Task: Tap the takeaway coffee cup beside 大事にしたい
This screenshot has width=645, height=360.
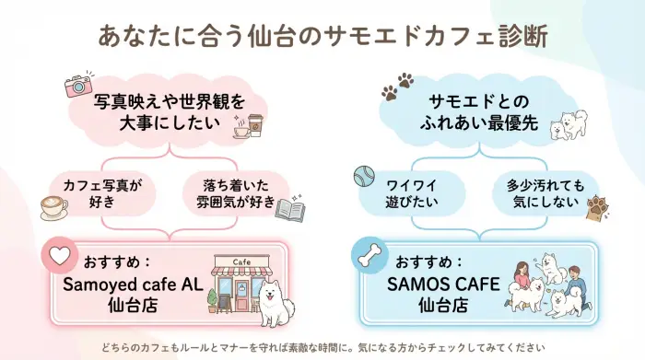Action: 253,125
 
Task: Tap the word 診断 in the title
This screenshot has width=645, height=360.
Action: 519,36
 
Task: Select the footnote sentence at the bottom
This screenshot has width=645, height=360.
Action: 322,347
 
